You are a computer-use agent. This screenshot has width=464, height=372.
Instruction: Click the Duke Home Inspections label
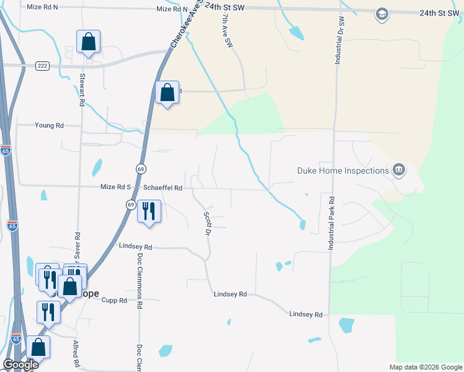point(342,170)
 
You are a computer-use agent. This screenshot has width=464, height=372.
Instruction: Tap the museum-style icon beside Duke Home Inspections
point(399,170)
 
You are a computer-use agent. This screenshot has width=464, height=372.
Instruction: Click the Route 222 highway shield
point(42,66)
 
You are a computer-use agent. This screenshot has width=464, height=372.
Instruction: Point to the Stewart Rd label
point(81,90)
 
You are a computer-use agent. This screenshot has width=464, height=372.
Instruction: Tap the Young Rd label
point(49,125)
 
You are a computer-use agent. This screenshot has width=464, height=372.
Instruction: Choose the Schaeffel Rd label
point(163,187)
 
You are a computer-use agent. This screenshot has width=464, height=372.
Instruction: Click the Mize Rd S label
point(116,187)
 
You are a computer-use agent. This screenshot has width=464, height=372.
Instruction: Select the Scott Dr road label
point(208,224)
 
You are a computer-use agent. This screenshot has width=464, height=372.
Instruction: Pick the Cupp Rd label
point(114,300)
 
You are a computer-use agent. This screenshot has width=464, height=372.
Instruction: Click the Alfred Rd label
point(76,354)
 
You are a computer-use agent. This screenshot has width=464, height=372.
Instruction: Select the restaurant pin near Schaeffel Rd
point(149,211)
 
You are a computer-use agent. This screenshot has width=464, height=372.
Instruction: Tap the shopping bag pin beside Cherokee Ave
point(167,92)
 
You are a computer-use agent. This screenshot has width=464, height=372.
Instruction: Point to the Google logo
point(20,365)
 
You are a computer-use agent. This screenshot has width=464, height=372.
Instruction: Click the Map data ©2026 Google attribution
point(425,367)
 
